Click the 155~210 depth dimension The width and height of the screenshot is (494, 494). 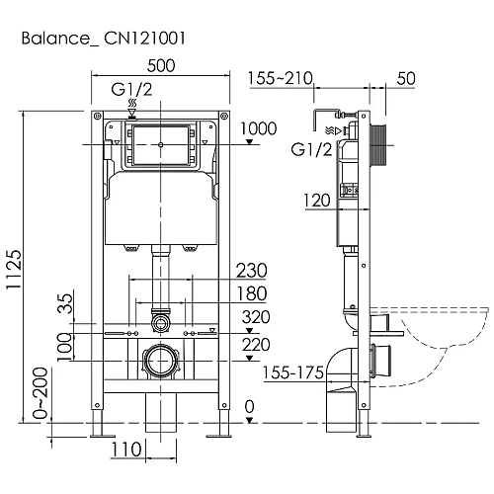280,78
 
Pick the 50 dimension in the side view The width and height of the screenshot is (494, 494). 405,78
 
